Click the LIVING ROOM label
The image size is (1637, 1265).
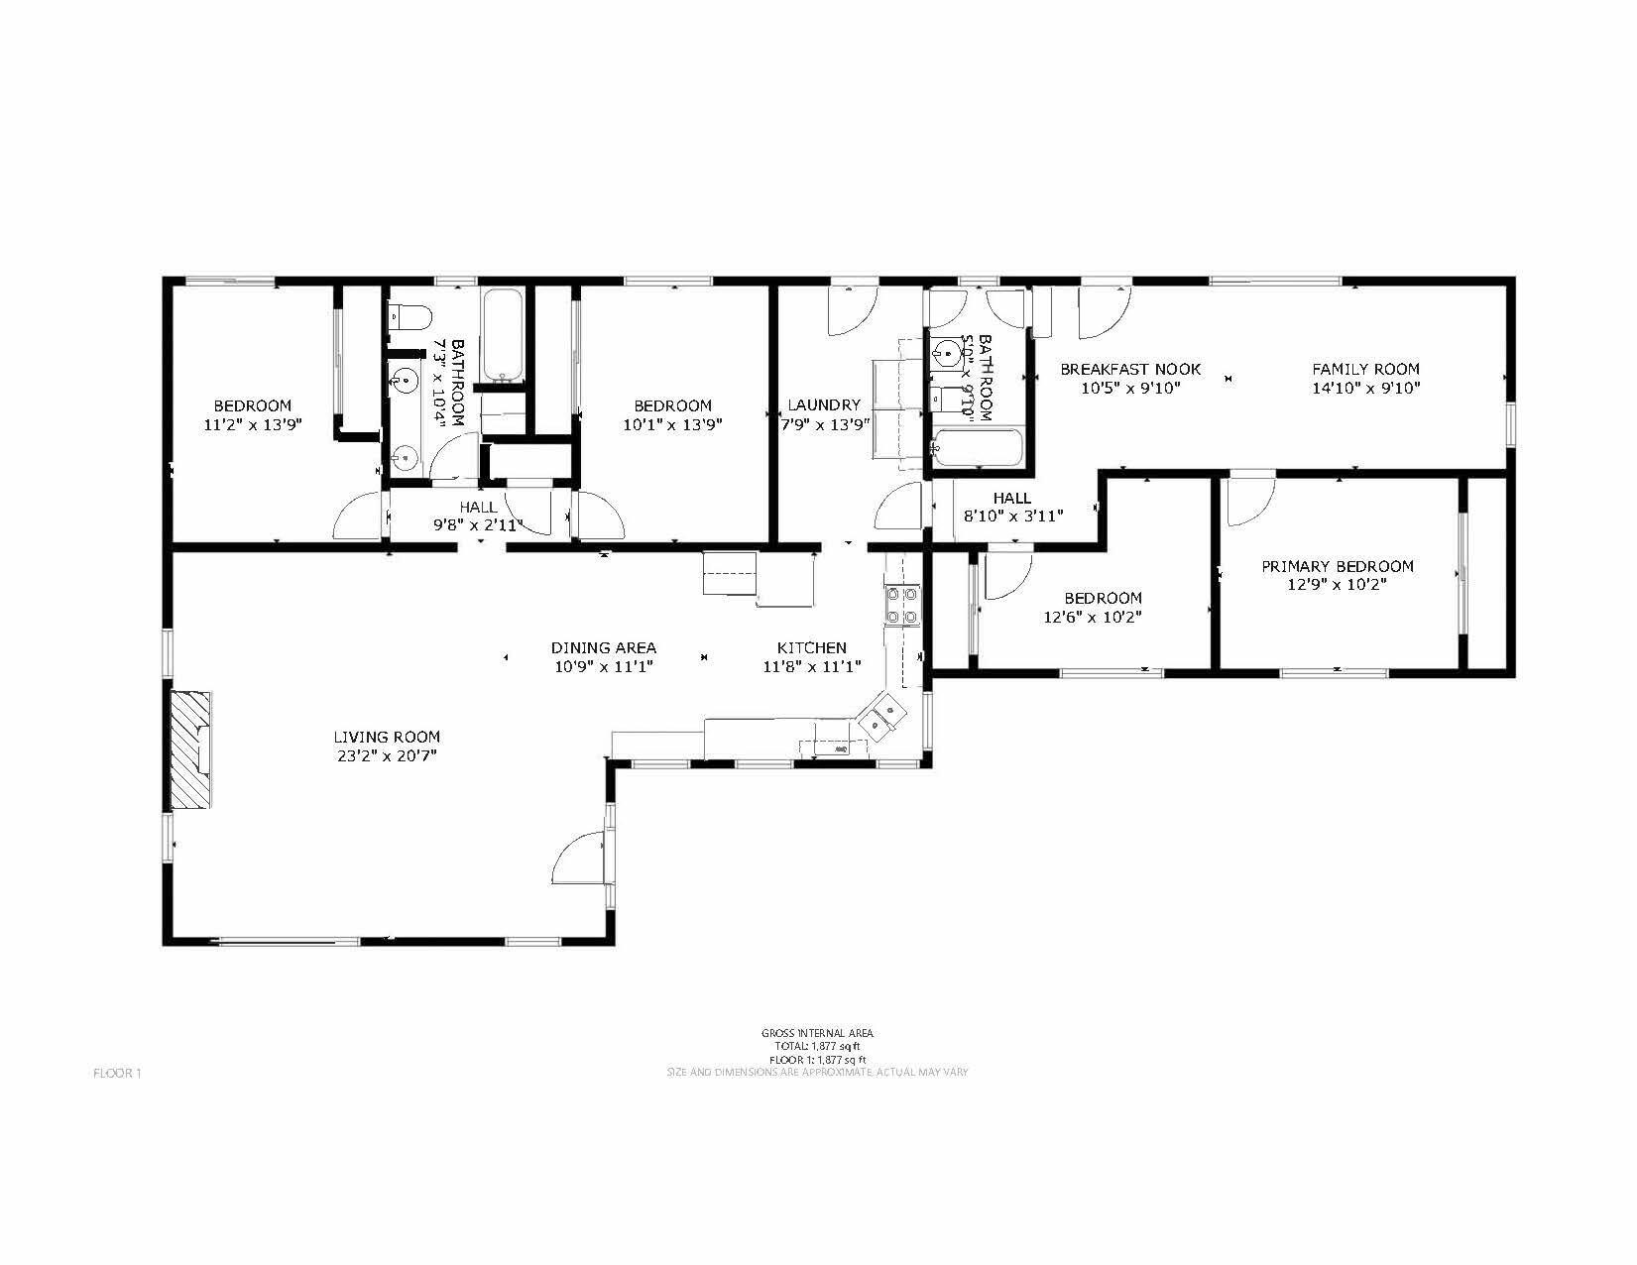tap(386, 737)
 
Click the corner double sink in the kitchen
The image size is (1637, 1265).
tap(881, 717)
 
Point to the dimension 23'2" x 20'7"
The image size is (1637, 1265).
tap(386, 755)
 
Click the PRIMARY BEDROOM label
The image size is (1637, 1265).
tap(1337, 566)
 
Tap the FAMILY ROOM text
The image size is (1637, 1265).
tap(1365, 369)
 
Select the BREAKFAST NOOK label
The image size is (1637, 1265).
tap(1130, 369)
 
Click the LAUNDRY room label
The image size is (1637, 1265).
tap(824, 404)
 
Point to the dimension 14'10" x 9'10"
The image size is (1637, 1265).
tap(1365, 388)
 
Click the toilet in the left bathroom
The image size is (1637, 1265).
tap(410, 317)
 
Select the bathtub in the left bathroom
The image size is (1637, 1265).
tap(503, 336)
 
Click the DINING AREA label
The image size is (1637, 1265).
tap(603, 647)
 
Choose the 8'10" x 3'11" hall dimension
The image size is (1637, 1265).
tap(1012, 516)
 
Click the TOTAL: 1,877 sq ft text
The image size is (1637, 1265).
tap(817, 1046)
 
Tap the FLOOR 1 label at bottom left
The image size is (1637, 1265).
tap(118, 1073)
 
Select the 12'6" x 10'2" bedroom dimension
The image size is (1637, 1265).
tap(1103, 617)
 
